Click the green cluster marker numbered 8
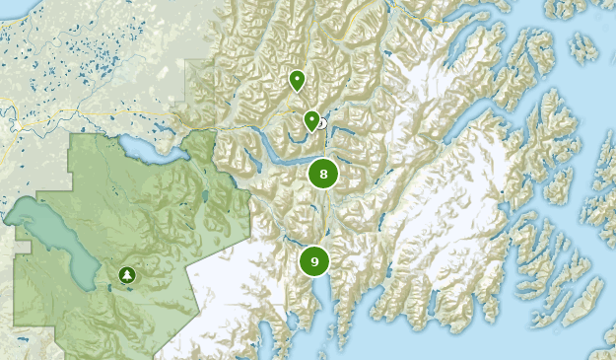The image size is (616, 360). pos(323,175)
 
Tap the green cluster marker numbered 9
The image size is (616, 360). pos(314,261)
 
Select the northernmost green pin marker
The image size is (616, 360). pos(297,80)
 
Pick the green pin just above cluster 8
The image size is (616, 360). pos(311,120)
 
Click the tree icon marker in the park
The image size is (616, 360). pos(126,275)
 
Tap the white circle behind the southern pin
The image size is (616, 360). pos(321,124)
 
